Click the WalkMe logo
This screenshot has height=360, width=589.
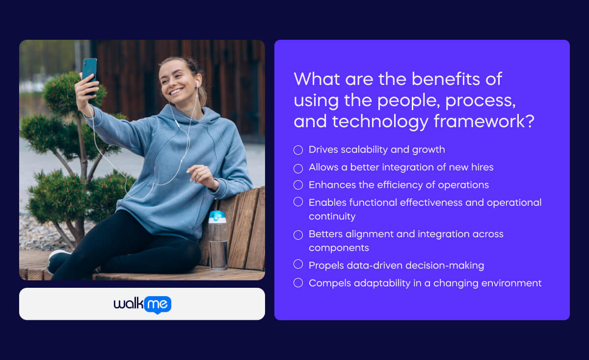click(x=142, y=304)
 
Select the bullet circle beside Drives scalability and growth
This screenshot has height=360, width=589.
click(x=298, y=150)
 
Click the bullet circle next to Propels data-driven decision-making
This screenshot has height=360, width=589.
click(x=298, y=265)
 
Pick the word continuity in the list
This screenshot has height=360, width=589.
click(x=332, y=217)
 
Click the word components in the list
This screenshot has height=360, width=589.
click(x=339, y=248)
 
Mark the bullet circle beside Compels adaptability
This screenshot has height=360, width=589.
click(x=298, y=283)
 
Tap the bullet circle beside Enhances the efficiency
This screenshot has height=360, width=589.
click(x=298, y=185)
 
